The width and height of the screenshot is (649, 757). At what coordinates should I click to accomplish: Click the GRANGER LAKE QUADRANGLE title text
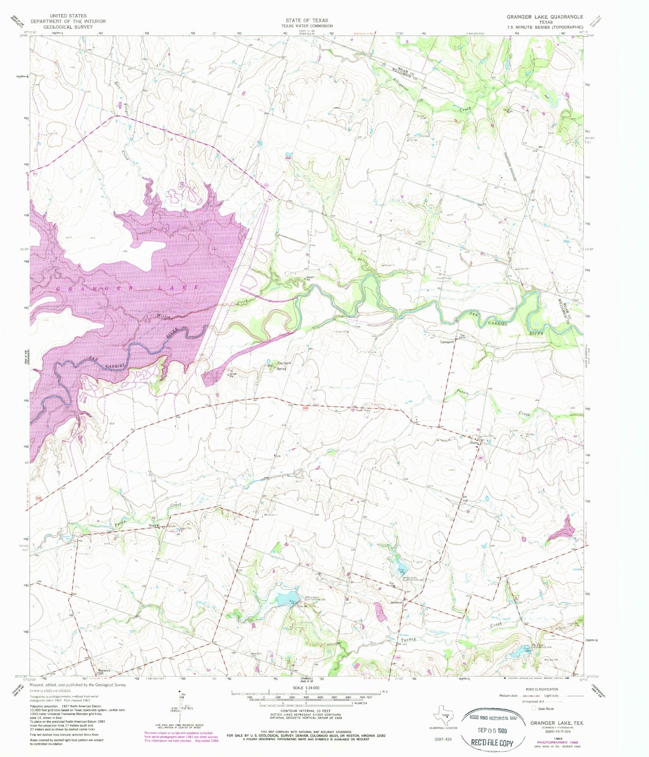[544, 17]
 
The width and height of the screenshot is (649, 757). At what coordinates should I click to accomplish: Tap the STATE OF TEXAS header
[307, 20]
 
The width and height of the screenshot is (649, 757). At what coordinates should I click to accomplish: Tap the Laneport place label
[447, 342]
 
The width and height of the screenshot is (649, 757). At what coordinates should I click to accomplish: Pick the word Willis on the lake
[163, 317]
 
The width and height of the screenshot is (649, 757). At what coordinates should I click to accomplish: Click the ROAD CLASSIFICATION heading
[542, 689]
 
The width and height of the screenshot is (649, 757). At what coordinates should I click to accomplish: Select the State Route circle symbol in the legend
[533, 708]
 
